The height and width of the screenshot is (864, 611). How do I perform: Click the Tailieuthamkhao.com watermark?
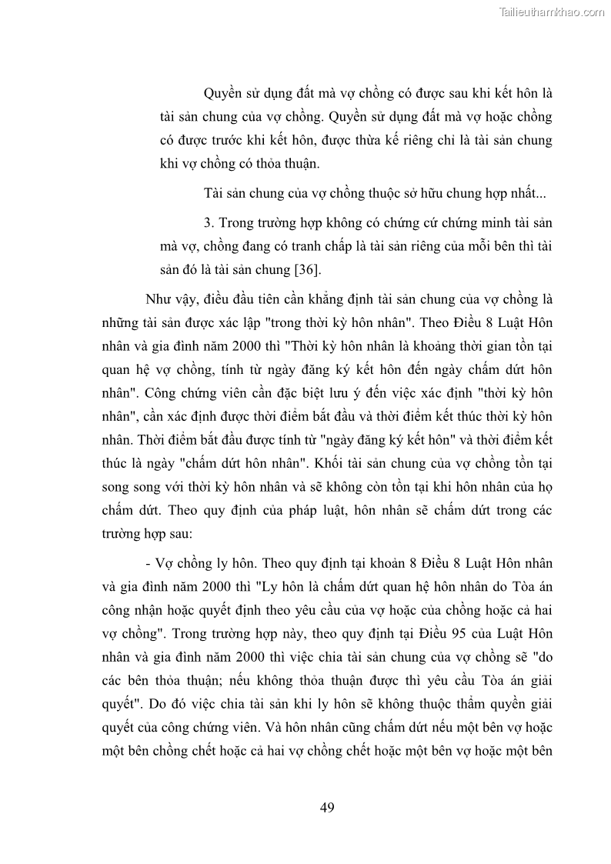tap(553, 12)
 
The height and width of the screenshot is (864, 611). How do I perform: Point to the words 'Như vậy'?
tap(167, 299)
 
